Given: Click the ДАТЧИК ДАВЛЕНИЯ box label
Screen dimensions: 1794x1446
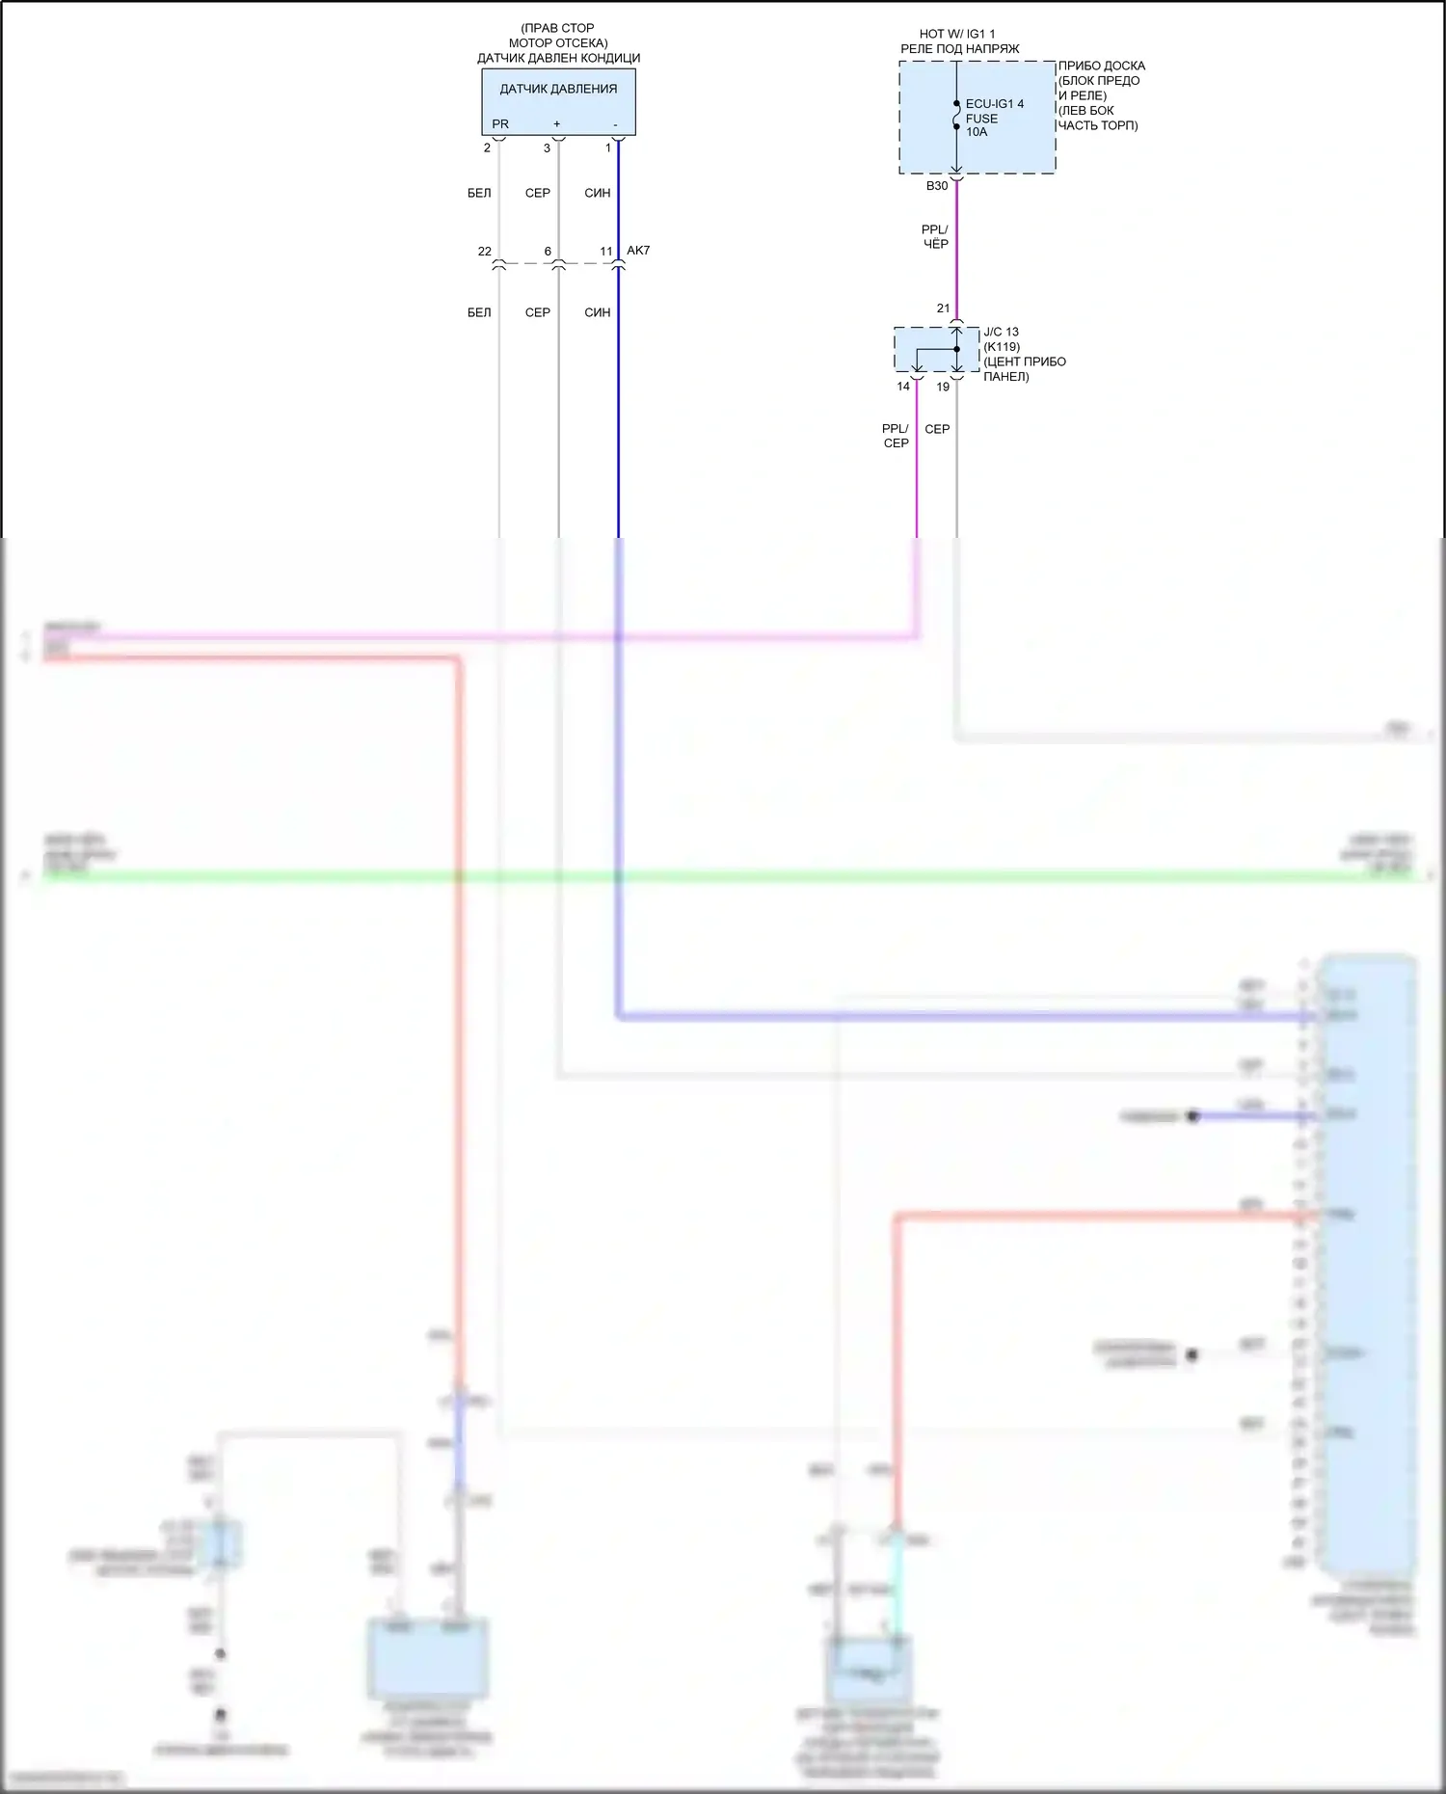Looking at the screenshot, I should tap(558, 89).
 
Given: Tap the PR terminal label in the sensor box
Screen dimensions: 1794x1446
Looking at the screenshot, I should tap(499, 124).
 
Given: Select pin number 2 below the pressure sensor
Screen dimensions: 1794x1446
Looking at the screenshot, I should tap(487, 148).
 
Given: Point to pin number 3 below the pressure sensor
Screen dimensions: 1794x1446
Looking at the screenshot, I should tap(547, 148).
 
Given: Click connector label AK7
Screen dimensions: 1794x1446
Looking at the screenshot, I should tap(638, 251).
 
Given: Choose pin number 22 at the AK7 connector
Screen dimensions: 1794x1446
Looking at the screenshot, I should tap(484, 252).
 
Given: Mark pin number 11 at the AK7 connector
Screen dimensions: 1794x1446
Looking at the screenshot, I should tap(606, 252).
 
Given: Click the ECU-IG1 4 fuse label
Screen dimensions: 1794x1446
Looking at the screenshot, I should tap(995, 104).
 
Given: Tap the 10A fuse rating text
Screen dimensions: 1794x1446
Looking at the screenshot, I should tap(977, 132).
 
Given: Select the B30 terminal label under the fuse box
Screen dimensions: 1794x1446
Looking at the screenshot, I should tap(937, 186).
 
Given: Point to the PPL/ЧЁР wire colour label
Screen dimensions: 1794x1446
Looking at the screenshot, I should tap(935, 237).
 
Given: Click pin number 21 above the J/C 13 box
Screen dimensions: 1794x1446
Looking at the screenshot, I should tap(943, 308).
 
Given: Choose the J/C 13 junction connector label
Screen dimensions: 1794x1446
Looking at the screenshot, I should tap(1001, 332).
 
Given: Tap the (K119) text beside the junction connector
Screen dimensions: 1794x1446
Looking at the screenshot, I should tap(1002, 347).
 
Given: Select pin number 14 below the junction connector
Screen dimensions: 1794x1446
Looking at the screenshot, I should tap(903, 387).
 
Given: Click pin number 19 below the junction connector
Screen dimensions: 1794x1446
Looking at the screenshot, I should tap(943, 387).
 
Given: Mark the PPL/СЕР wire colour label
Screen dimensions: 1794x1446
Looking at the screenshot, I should tap(896, 436).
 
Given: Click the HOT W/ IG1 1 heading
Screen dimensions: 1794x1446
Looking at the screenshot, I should tap(957, 34).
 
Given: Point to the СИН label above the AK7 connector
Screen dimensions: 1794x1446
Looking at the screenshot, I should tap(598, 193).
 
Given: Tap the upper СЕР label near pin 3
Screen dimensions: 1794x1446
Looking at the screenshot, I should tap(538, 193).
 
